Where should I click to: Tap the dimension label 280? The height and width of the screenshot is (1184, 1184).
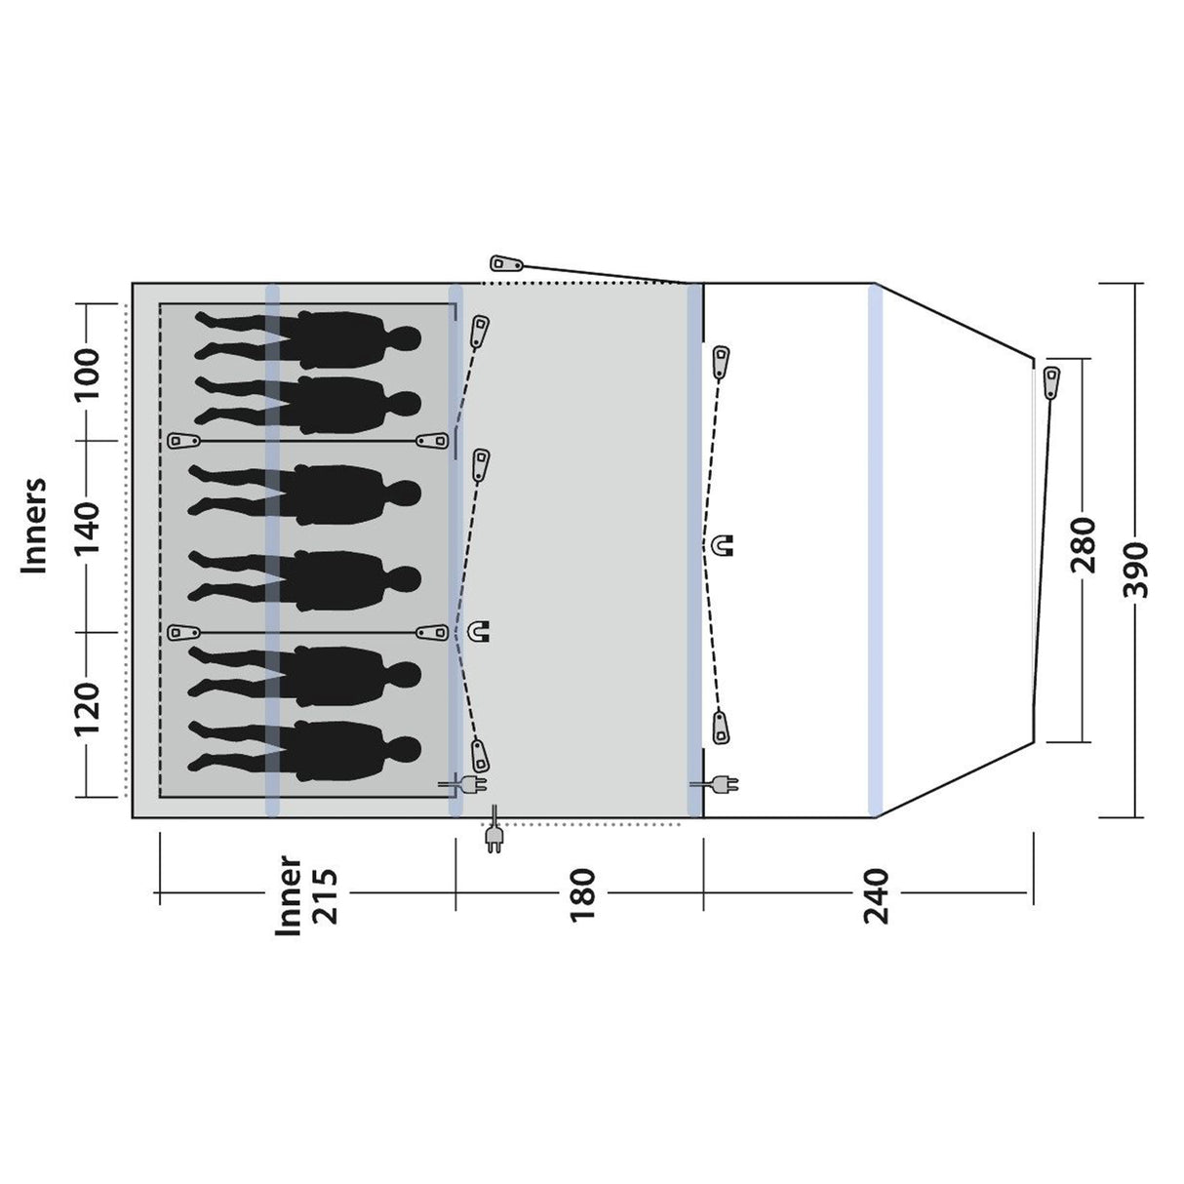[1084, 545]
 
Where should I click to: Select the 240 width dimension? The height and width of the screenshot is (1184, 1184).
[876, 896]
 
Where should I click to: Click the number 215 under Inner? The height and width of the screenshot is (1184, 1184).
[325, 896]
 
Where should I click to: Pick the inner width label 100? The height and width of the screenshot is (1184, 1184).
[87, 374]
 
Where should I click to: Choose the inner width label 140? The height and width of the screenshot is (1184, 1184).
[87, 528]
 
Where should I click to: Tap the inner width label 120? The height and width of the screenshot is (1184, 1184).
[87, 708]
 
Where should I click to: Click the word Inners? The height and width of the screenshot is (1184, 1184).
[34, 526]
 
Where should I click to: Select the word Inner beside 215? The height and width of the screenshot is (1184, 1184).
[289, 895]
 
